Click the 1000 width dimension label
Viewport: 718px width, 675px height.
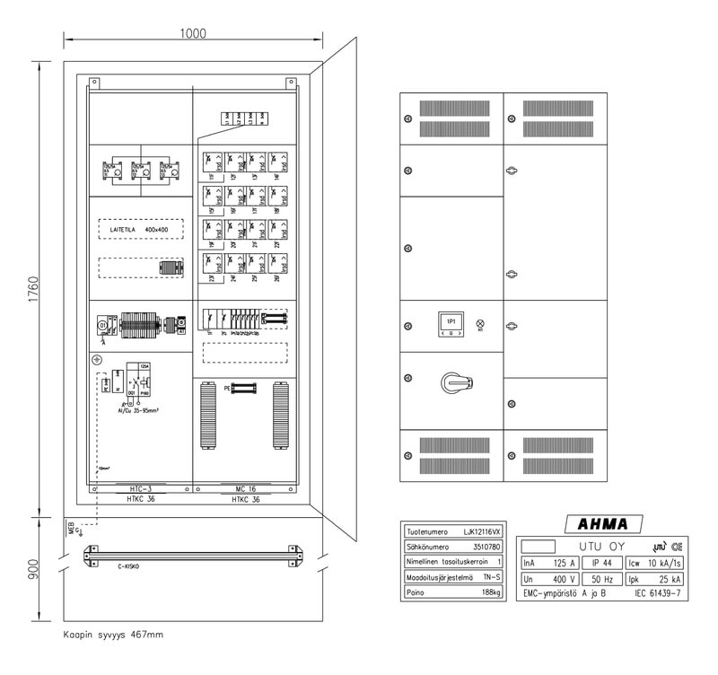coord(192,34)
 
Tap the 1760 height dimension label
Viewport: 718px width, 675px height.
coord(34,289)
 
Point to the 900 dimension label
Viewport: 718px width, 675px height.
coord(34,568)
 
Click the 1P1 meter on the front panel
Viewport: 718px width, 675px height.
coord(451,322)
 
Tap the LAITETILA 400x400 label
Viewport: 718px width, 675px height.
coord(140,231)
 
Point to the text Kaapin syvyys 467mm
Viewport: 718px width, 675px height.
coord(113,635)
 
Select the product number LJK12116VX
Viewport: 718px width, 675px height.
coord(481,531)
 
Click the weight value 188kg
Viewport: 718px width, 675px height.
coord(491,592)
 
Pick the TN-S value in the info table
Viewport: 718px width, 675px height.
coord(492,577)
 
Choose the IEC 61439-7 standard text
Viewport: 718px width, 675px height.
coord(659,594)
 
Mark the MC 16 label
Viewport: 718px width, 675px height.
coord(244,489)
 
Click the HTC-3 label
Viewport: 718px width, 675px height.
coord(141,489)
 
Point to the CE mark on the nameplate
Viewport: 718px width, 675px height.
coord(675,546)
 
